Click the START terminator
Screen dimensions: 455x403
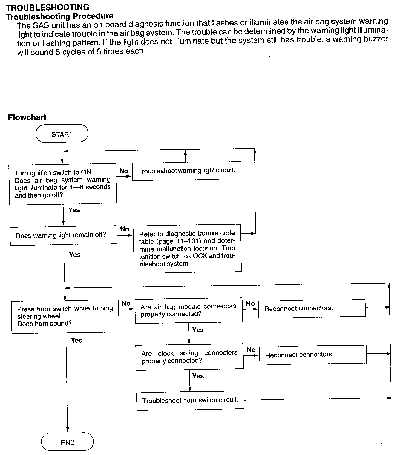click(x=62, y=134)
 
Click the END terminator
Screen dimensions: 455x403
click(x=67, y=442)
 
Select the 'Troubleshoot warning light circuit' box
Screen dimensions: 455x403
click(x=186, y=171)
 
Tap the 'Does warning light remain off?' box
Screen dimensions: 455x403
click(x=64, y=235)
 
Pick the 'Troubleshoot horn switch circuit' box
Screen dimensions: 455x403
click(x=190, y=401)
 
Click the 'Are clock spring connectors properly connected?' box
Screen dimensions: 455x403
click(x=189, y=357)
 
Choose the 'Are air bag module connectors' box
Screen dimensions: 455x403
click(x=189, y=310)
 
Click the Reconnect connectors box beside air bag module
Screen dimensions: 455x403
click(x=312, y=309)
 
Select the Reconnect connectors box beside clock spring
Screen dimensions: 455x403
click(x=313, y=355)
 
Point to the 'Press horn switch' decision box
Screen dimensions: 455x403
click(x=65, y=316)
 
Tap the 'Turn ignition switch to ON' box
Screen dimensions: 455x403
click(x=63, y=184)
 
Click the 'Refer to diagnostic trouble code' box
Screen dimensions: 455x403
click(x=188, y=249)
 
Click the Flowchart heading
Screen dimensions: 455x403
click(x=27, y=117)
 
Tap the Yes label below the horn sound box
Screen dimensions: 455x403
click(x=76, y=340)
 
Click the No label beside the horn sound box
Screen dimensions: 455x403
click(x=126, y=303)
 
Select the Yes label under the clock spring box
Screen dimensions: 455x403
click(x=198, y=376)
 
